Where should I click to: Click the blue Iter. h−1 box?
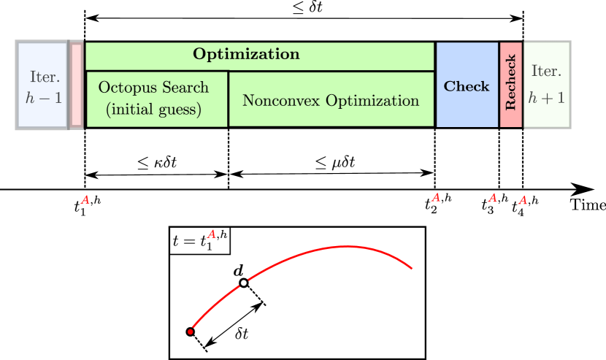pyautogui.click(x=42, y=85)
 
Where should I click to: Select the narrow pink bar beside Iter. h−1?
pyautogui.click(x=76, y=85)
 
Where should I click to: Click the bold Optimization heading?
pyautogui.click(x=246, y=55)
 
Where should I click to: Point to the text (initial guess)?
pyautogui.click(x=153, y=110)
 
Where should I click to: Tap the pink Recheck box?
pyautogui.click(x=511, y=84)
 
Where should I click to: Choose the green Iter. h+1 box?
pyautogui.click(x=546, y=85)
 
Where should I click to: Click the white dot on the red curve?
pyautogui.click(x=244, y=283)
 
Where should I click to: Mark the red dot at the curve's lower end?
pyautogui.click(x=191, y=332)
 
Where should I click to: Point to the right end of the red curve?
pyautogui.click(x=413, y=268)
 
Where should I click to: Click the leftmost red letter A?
pyautogui.click(x=85, y=200)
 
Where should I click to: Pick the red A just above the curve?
pyautogui.click(x=212, y=234)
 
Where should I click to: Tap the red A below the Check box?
pyautogui.click(x=436, y=198)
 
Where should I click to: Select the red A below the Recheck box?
pyautogui.click(x=493, y=198)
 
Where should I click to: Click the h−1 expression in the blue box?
pyautogui.click(x=44, y=98)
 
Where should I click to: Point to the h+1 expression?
pyautogui.click(x=546, y=97)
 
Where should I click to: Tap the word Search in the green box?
pyautogui.click(x=185, y=88)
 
